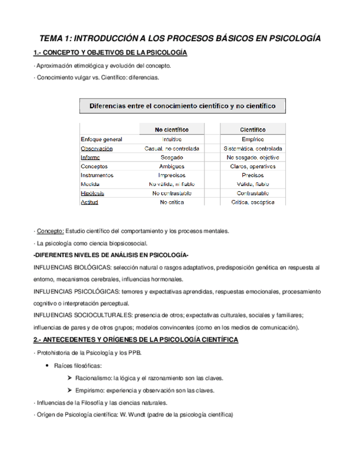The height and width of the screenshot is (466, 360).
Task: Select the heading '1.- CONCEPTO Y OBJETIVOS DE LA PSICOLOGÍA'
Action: [x=110, y=53]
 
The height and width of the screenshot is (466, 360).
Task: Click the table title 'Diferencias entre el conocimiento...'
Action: [x=182, y=104]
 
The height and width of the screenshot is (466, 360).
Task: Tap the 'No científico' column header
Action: [x=172, y=130]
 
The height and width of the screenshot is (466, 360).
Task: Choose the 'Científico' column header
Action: [x=253, y=130]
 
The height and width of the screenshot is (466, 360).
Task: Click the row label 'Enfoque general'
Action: [x=102, y=139]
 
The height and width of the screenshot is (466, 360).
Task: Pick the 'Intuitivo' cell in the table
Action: [x=172, y=139]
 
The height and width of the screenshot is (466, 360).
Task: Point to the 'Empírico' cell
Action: [x=253, y=139]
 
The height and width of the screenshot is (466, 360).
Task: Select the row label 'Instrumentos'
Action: [x=97, y=175]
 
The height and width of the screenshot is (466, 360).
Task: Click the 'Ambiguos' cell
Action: [x=172, y=166]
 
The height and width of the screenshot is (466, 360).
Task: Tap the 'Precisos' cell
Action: [x=253, y=175]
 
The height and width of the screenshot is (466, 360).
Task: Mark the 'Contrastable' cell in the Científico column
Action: [x=253, y=193]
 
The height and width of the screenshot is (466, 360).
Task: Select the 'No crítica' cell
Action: [x=172, y=202]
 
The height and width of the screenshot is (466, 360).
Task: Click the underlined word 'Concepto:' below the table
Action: [x=50, y=230]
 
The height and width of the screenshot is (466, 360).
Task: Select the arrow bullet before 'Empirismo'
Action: [x=69, y=391]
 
